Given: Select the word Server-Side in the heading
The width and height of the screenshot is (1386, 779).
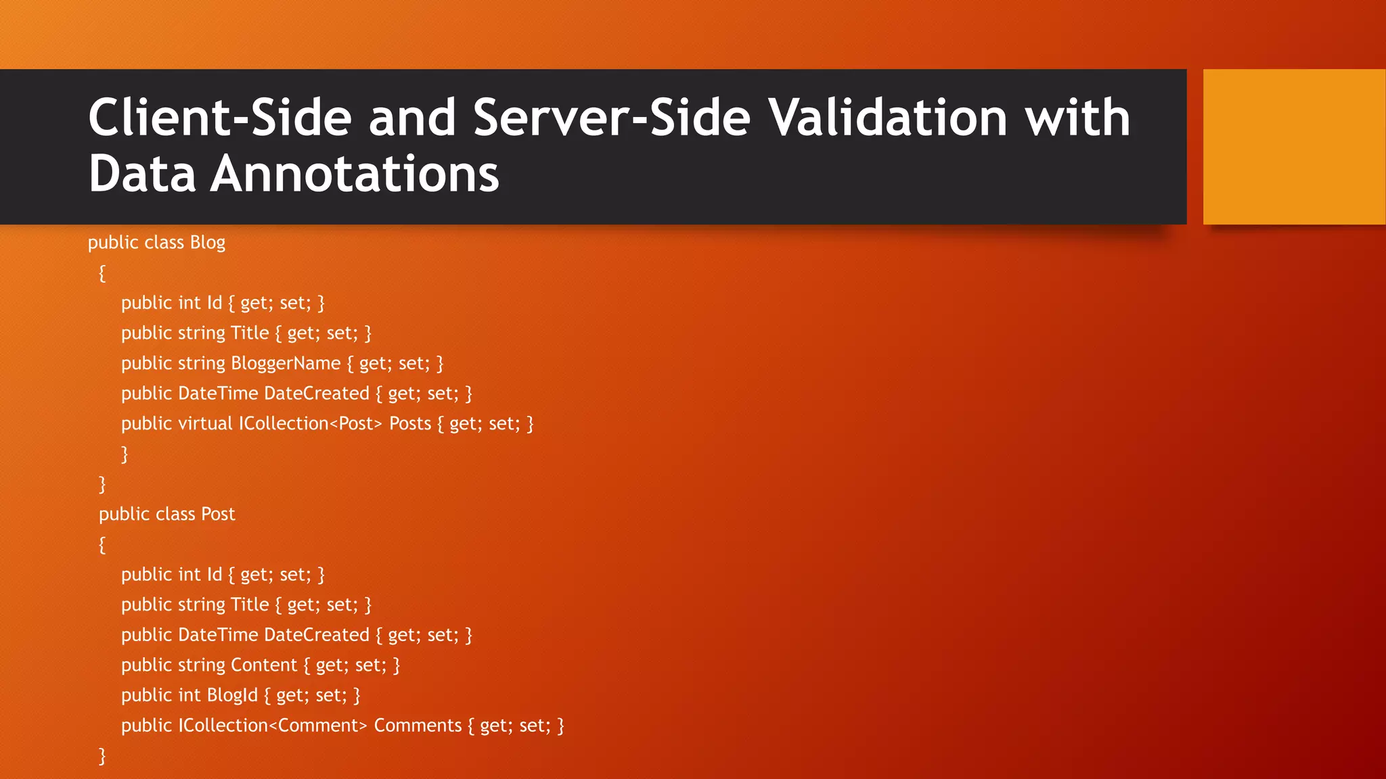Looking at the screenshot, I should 612,118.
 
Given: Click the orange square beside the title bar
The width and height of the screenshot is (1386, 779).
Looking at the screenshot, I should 1294,147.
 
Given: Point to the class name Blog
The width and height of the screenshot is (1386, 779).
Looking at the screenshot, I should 207,243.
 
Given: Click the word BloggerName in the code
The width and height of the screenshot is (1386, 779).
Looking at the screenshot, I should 286,363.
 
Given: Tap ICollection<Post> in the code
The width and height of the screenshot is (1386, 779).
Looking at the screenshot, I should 310,424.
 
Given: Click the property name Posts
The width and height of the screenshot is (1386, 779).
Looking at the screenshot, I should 410,424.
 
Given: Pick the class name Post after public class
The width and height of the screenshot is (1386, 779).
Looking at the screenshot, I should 218,515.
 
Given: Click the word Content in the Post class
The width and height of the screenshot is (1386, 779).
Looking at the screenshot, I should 264,665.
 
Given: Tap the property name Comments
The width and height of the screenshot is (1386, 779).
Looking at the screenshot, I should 418,726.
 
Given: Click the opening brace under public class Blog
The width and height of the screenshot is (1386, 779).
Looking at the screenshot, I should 102,273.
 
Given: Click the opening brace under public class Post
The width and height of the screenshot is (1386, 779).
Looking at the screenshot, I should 102,545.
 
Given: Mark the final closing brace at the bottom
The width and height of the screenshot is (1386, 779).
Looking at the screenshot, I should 102,756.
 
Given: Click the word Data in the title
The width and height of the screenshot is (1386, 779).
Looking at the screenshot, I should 142,174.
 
